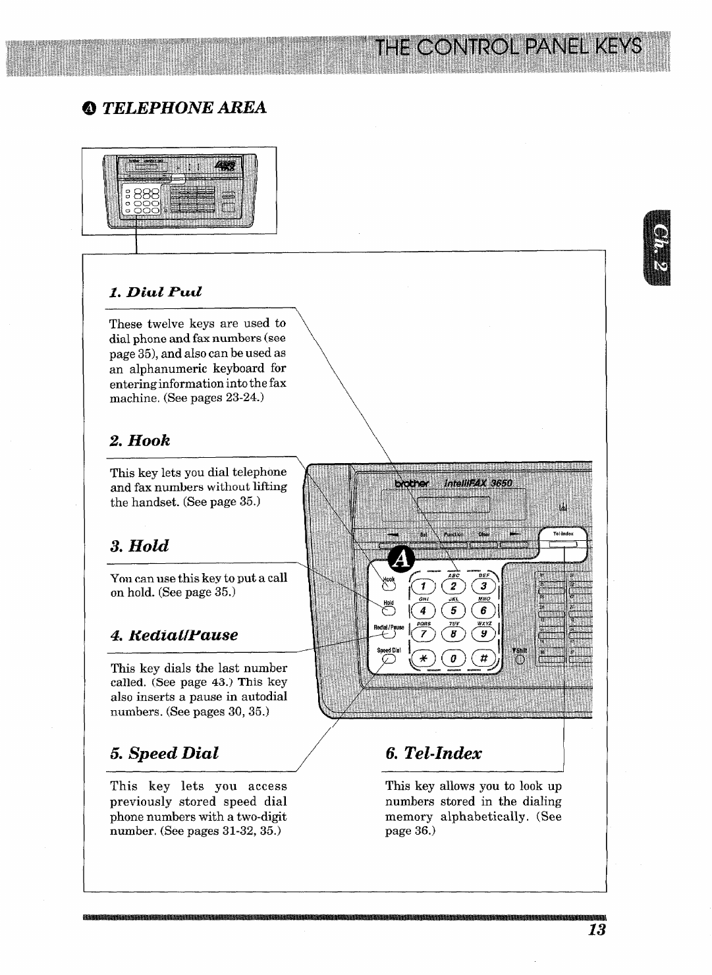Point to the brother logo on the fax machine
(412, 484)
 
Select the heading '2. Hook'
(140, 440)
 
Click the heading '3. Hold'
(140, 545)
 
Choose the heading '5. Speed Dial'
(165, 753)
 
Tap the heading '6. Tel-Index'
(434, 753)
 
